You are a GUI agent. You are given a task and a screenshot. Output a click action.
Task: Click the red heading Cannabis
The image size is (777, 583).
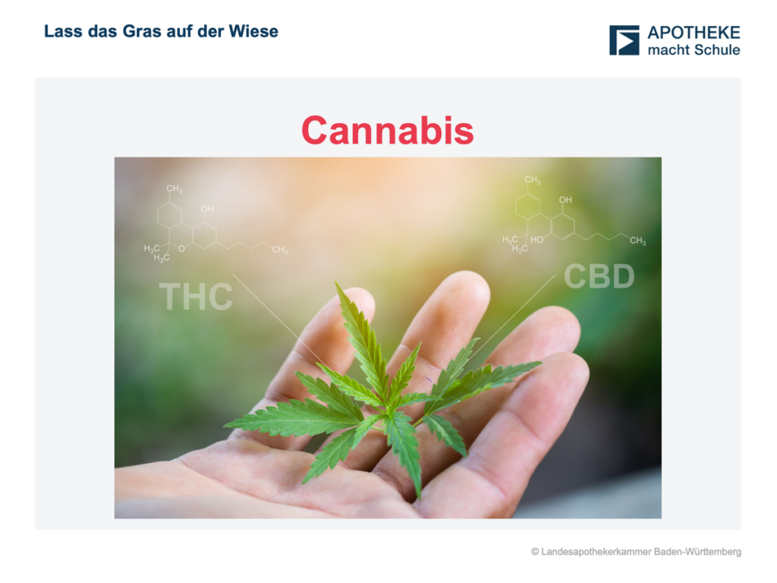tap(388, 131)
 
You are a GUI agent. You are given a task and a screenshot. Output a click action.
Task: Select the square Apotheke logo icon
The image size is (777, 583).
tap(624, 40)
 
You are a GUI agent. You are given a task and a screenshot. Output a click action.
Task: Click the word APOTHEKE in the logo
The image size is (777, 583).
tap(694, 33)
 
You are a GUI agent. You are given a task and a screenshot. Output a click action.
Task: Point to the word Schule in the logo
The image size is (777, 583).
tap(717, 49)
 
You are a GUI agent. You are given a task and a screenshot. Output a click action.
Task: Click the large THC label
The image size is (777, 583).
tap(196, 297)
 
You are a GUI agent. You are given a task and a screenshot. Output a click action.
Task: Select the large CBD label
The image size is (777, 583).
tap(599, 276)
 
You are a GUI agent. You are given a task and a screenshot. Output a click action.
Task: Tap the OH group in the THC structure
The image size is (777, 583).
tap(207, 209)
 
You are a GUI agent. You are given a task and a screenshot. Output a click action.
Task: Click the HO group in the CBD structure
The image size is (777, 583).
tap(536, 239)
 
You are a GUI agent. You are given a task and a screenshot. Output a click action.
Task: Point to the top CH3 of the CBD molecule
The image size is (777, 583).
tap(533, 180)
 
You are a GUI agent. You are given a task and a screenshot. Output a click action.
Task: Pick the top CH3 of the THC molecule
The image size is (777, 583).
tap(175, 189)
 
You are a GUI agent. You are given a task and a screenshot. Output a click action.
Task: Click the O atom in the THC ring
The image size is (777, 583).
tap(181, 248)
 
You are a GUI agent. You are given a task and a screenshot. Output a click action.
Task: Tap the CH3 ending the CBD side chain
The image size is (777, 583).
tap(637, 241)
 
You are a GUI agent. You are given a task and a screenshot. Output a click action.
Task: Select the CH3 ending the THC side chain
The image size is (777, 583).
tap(279, 249)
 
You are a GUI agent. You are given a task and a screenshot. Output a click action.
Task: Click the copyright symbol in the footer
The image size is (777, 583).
tap(535, 552)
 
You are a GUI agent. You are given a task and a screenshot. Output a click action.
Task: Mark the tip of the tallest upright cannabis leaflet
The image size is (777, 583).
tap(335, 282)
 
